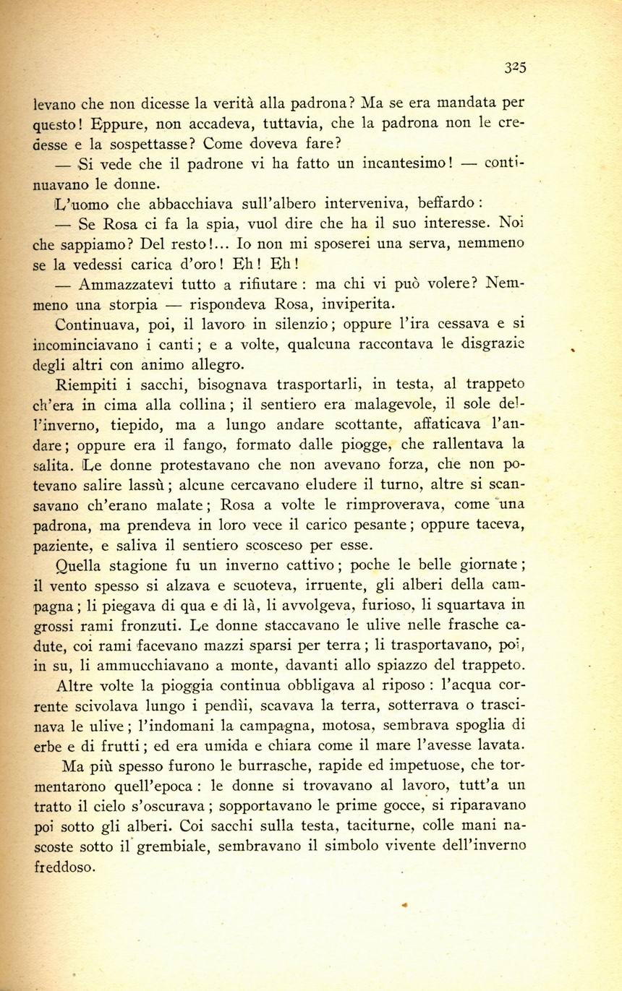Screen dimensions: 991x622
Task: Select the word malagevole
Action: (x=393, y=403)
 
